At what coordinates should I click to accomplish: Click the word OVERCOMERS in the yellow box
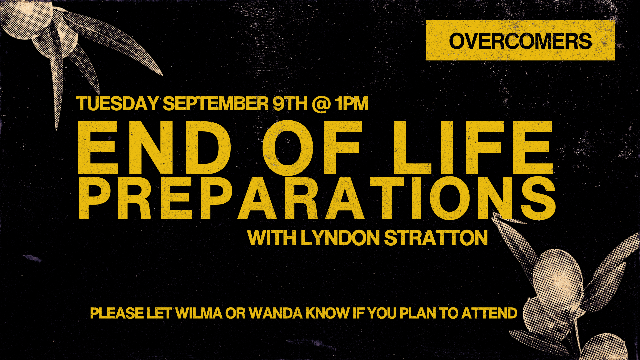click(x=520, y=41)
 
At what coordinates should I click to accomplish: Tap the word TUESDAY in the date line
click(x=117, y=103)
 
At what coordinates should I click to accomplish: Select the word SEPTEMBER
click(x=215, y=103)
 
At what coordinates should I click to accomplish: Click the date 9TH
click(x=290, y=103)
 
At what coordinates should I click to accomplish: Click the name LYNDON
click(x=340, y=238)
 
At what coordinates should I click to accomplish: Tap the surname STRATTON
click(x=436, y=238)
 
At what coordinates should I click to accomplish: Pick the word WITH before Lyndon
click(x=272, y=238)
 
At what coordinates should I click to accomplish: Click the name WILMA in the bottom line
click(x=199, y=313)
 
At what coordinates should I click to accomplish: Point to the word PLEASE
click(x=117, y=313)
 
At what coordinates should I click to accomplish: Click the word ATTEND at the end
click(x=489, y=313)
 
